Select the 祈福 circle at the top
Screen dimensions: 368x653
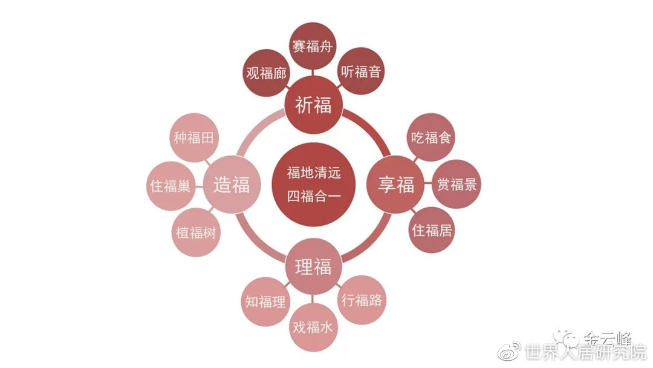coord(313,105)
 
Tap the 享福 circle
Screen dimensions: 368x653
coord(396,185)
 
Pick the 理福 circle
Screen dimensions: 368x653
coord(313,266)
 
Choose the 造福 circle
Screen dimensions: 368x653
coord(231,185)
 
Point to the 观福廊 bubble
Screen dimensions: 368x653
coord(267,73)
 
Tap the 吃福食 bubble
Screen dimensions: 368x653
coord(431,137)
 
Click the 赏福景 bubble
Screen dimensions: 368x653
coord(457,185)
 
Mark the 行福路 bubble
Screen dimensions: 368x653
coord(361,299)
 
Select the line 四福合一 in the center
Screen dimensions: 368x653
coord(314,195)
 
